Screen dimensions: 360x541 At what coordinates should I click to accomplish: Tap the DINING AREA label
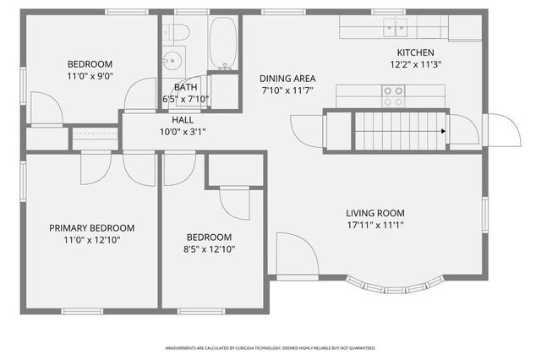[287, 78]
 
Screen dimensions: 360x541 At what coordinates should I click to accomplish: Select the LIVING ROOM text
[375, 213]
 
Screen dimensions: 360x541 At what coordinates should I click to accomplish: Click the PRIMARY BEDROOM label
[91, 228]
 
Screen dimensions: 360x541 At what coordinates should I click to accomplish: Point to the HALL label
[183, 120]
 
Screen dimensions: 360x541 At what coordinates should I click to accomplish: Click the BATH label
[185, 87]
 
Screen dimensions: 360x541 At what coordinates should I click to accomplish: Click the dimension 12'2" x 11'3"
[416, 63]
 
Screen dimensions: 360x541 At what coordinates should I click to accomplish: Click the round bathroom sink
[172, 61]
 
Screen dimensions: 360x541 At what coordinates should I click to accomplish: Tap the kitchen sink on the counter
[391, 29]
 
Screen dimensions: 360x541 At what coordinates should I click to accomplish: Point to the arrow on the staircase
[441, 132]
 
